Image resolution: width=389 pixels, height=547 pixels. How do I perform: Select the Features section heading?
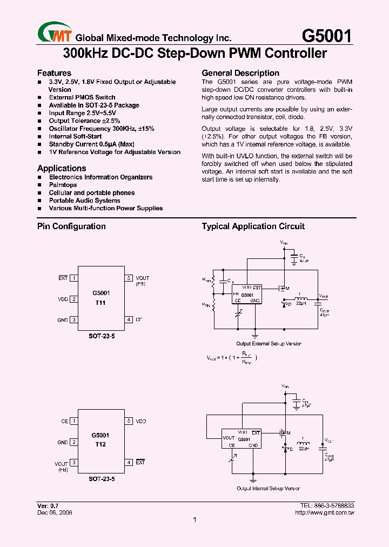click(54, 73)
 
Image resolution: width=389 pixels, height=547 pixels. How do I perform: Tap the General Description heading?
click(240, 73)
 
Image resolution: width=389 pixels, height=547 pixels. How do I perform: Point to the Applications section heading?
click(62, 169)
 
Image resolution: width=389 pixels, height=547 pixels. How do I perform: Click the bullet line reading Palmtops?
click(63, 185)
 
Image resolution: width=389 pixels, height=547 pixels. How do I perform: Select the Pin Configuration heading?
click(71, 226)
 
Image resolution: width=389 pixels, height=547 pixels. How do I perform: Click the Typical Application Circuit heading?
click(253, 226)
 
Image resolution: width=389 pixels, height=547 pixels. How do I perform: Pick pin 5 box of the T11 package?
click(129, 278)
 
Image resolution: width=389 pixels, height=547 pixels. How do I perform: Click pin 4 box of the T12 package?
click(129, 463)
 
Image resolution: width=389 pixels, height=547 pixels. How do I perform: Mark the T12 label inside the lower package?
click(100, 444)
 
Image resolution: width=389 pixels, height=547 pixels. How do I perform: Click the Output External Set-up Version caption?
click(269, 344)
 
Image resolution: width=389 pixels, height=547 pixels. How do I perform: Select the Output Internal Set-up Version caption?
click(268, 488)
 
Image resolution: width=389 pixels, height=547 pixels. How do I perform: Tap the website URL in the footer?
click(327, 512)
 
